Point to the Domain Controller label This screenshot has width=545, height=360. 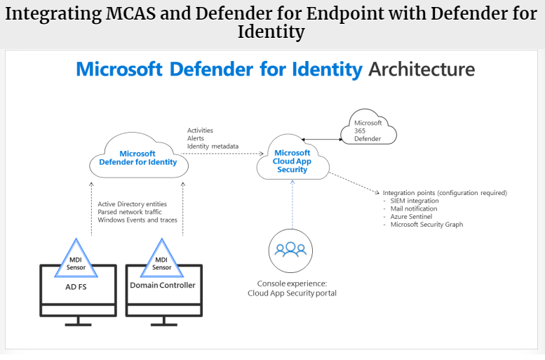tap(162, 285)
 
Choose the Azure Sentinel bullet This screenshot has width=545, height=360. tap(412, 217)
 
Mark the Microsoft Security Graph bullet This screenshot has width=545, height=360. tap(426, 225)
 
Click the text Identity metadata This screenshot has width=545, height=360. tap(213, 147)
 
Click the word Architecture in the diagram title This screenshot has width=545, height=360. tap(422, 69)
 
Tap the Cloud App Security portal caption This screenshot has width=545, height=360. tap(292, 293)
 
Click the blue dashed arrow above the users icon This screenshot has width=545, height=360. tap(291, 203)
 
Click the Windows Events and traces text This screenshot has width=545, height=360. tap(137, 220)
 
